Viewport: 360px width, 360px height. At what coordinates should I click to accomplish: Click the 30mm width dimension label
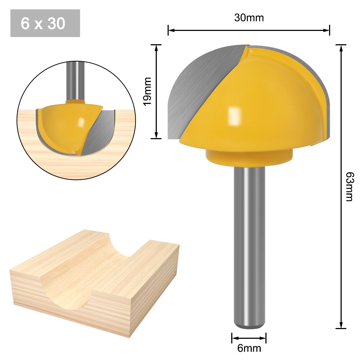coord(249,18)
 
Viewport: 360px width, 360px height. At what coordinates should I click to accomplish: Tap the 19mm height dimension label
coord(147,92)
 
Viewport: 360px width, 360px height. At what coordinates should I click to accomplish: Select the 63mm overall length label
coord(348,186)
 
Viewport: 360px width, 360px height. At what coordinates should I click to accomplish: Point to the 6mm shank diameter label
coord(249,348)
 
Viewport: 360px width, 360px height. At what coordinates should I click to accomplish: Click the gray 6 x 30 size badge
coord(45,23)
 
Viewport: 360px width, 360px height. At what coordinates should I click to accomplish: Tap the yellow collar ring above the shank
coord(249,159)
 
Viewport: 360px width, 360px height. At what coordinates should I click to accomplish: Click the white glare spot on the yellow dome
coord(234,115)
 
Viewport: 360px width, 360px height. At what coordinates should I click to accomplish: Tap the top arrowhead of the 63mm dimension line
coord(341,47)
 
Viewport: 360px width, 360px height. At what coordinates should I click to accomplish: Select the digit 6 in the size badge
coord(25,23)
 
